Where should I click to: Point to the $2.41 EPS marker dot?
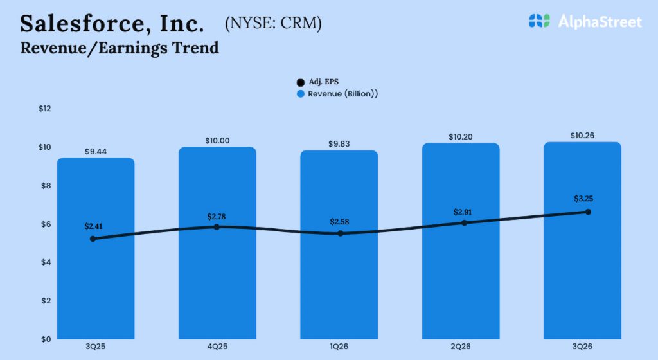tap(93, 239)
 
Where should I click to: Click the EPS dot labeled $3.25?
tap(588, 212)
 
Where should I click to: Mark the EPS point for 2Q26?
tap(464, 222)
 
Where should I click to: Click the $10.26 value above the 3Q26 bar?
tap(582, 136)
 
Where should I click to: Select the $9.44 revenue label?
tap(95, 152)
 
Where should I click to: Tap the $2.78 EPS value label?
tap(217, 216)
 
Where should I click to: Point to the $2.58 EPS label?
tap(340, 222)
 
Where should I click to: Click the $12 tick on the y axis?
tap(44, 109)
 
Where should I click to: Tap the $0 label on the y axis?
tap(46, 339)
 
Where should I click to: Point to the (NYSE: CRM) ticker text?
tap(273, 24)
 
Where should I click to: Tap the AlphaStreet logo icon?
tap(540, 21)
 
